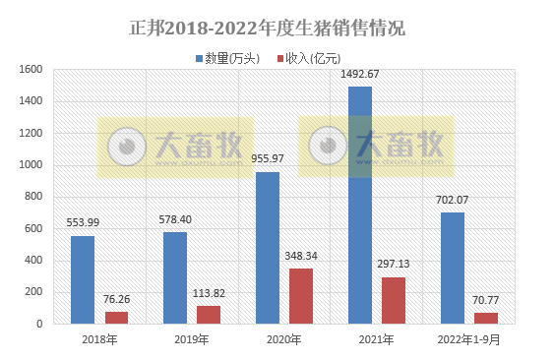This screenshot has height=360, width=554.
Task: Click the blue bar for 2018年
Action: [83, 279]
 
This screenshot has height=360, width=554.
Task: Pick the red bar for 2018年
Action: [116, 317]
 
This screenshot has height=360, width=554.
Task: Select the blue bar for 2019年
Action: [175, 277]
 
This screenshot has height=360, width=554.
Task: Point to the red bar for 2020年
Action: [301, 296]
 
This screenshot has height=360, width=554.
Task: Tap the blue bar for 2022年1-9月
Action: [453, 268]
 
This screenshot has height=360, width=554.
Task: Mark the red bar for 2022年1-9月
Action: [486, 318]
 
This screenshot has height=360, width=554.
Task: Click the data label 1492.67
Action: [360, 75]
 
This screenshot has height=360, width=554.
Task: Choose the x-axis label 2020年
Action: [283, 339]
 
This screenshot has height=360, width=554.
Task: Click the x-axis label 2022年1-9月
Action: [468, 339]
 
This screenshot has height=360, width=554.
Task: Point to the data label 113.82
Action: [209, 294]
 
